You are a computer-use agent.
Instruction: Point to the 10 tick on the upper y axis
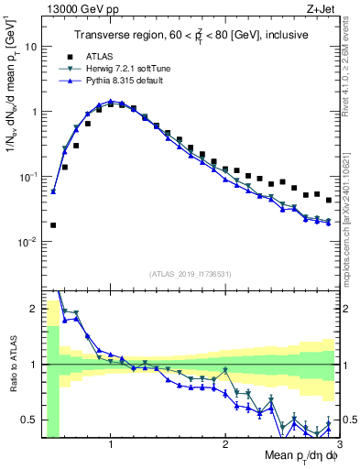(29, 46)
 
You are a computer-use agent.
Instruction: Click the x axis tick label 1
(111, 444)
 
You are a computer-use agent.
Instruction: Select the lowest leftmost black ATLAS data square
(53, 224)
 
